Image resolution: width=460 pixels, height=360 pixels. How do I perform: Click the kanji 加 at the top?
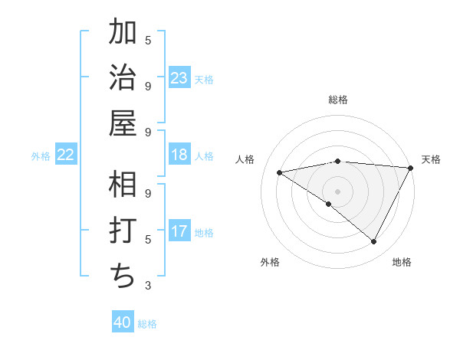(123, 34)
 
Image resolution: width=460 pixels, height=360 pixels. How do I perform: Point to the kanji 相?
(123, 185)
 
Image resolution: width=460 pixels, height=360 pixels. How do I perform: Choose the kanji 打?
(123, 230)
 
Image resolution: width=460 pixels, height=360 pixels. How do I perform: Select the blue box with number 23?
(179, 77)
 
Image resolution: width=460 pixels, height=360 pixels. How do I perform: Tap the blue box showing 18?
(179, 155)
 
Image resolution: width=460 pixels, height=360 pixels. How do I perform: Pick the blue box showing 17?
(179, 231)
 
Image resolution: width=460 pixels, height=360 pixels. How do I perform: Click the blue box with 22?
(66, 155)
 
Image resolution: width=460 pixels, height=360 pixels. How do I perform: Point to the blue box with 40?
(123, 322)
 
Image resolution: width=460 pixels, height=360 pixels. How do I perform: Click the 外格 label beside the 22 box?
(41, 156)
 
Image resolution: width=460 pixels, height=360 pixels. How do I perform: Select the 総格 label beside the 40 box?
(147, 323)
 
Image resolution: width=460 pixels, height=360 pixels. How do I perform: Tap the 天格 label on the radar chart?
(431, 159)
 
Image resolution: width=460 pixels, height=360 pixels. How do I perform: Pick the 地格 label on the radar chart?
(402, 262)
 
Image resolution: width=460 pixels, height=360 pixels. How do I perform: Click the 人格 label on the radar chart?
(245, 159)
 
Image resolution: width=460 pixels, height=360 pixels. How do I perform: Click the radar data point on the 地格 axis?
(374, 242)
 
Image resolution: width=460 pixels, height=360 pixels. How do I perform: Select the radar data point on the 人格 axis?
(280, 172)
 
